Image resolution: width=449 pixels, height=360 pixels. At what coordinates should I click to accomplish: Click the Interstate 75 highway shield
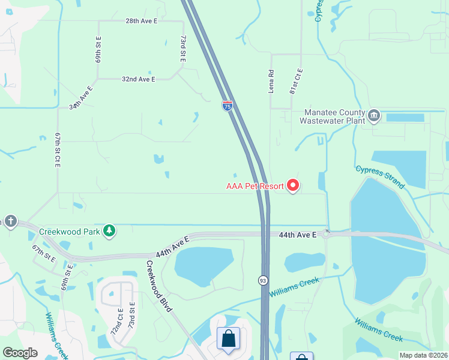click(227, 106)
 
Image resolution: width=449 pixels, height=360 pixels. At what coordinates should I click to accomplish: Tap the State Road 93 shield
click(263, 281)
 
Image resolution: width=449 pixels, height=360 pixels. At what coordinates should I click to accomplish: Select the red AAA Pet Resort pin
click(293, 186)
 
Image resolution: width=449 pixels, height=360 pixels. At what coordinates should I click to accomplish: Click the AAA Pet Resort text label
click(255, 186)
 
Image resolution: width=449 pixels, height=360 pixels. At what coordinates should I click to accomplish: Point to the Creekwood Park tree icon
click(109, 231)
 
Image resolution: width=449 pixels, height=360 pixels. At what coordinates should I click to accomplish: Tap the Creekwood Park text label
click(68, 231)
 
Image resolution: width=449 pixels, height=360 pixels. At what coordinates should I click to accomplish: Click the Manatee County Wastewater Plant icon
click(374, 115)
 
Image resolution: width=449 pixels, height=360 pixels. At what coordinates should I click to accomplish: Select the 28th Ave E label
click(141, 21)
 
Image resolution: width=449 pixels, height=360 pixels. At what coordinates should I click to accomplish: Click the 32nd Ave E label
click(139, 79)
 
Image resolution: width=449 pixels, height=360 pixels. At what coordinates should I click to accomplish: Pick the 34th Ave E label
click(81, 98)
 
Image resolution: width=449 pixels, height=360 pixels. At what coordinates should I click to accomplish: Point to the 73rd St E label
click(183, 48)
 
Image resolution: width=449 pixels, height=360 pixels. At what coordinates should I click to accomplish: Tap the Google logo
click(20, 353)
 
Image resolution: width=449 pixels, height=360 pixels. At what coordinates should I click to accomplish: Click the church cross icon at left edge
click(10, 221)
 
